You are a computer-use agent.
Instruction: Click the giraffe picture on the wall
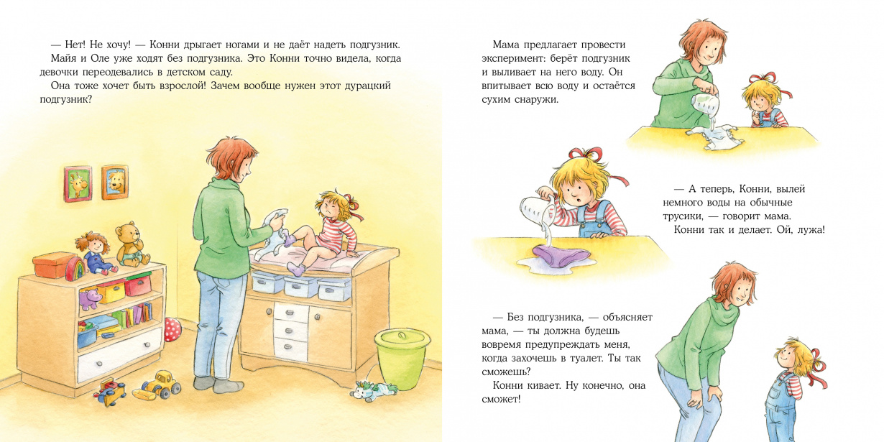pyautogui.click(x=78, y=184)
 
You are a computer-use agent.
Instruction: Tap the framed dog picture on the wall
pyautogui.click(x=115, y=183)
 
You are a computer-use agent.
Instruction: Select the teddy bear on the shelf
pyautogui.click(x=132, y=244)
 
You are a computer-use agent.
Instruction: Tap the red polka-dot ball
pyautogui.click(x=172, y=330)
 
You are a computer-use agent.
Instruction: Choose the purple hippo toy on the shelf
pyautogui.click(x=90, y=298)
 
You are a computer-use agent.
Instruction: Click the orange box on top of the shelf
pyautogui.click(x=50, y=264)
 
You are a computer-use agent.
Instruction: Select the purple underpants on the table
pyautogui.click(x=561, y=255)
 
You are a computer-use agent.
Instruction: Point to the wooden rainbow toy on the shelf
pyautogui.click(x=75, y=270)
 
